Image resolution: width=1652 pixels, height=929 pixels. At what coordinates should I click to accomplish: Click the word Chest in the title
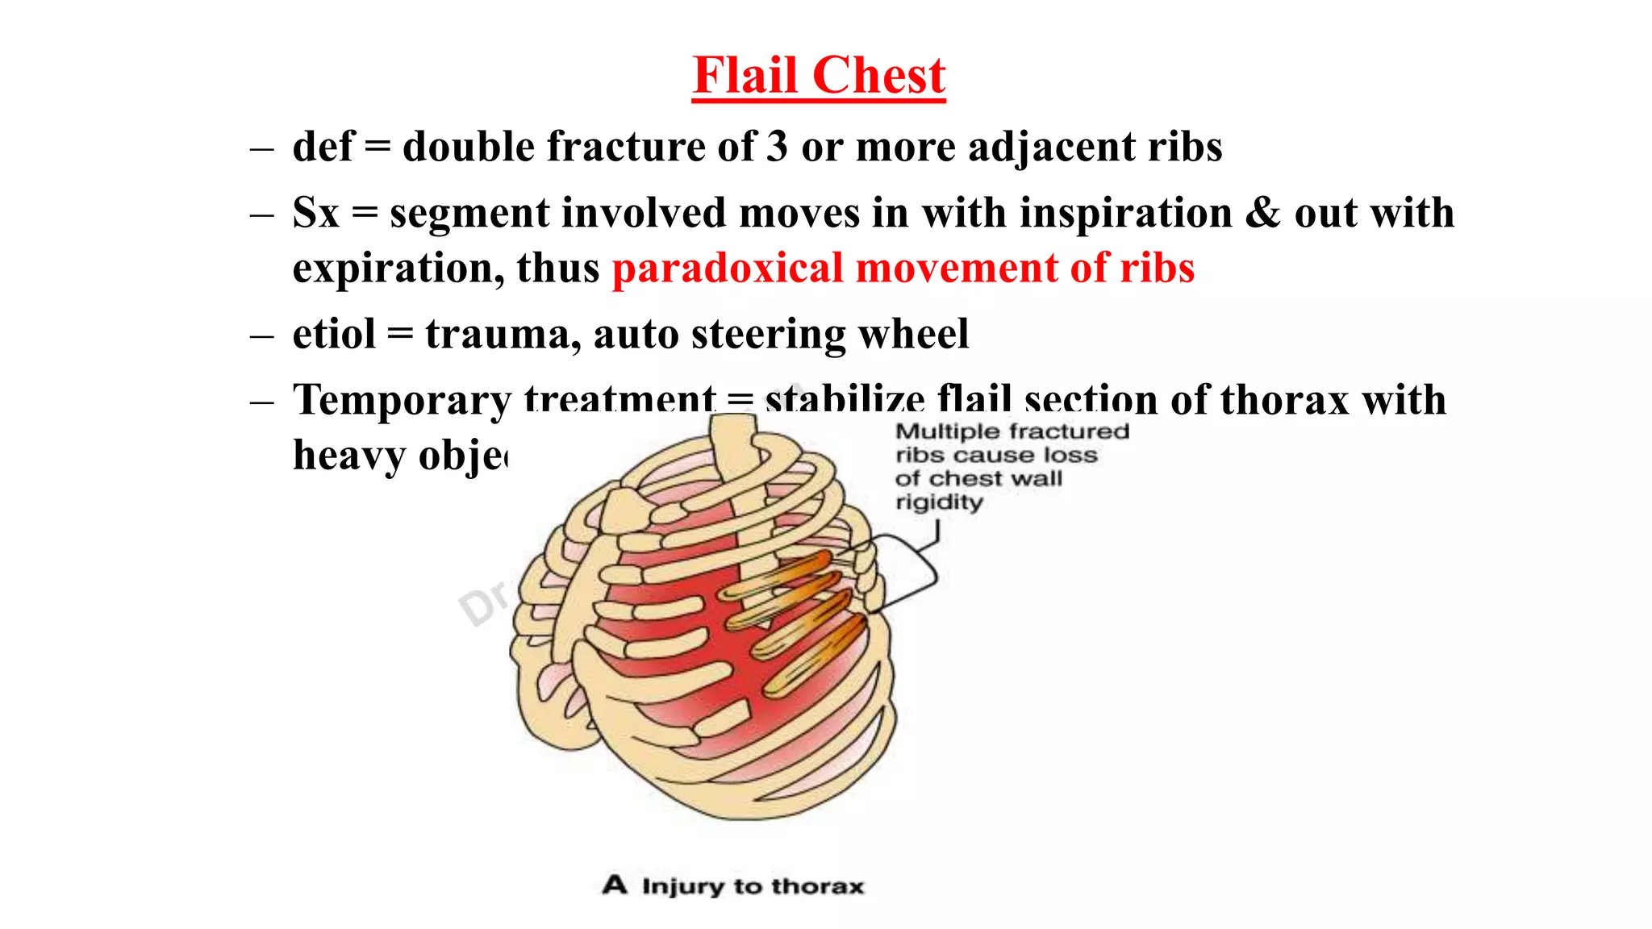coord(878,76)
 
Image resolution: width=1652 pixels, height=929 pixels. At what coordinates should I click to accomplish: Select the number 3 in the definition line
coord(777,147)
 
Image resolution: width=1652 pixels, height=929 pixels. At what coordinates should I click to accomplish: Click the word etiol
coord(334,334)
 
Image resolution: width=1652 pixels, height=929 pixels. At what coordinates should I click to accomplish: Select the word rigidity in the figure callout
coord(939,502)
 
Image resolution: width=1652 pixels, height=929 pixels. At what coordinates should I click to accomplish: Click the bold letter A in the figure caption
coord(615,885)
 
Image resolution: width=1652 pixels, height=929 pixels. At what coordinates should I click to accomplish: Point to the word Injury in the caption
coord(683,886)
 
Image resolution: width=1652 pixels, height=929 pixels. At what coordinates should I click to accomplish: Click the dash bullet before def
coord(262,149)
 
